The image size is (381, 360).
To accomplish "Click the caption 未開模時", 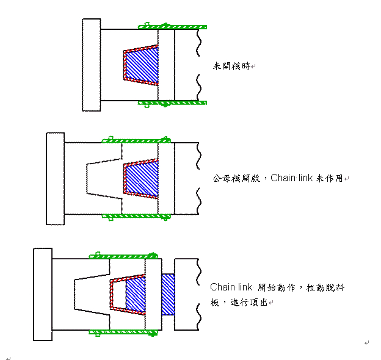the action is (x=231, y=66).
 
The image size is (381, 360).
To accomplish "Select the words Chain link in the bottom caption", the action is (x=231, y=287).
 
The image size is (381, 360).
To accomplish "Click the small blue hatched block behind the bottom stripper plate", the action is (x=168, y=295).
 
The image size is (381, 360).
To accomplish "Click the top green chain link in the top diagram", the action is (x=172, y=26).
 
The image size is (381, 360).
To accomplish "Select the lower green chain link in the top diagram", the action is (x=172, y=103).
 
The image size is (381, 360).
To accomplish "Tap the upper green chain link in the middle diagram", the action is (x=136, y=140).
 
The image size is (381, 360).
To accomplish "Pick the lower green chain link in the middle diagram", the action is (x=136, y=217).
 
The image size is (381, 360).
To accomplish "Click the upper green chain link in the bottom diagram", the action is (x=123, y=256).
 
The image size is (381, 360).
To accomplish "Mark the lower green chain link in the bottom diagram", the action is (x=123, y=333).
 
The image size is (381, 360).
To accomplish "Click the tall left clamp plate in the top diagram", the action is (x=92, y=65).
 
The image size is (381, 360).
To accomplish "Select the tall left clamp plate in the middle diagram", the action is (x=56, y=179).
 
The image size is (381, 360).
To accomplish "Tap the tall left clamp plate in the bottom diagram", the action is (x=43, y=295).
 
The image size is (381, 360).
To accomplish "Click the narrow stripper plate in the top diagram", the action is (x=166, y=65).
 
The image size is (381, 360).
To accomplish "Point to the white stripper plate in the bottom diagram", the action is (x=153, y=295).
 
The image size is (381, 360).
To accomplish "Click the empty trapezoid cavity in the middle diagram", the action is (x=104, y=179).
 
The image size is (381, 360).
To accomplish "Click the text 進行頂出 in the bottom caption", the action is (x=249, y=303).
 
